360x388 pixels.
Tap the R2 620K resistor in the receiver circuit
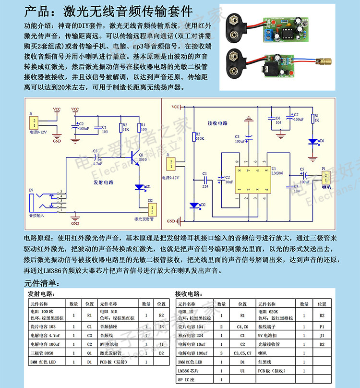[x=195, y=137]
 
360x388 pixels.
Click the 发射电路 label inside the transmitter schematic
[x=103, y=182]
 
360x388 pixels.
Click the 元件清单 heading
[x=43, y=282]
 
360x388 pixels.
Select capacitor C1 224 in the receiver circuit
[x=204, y=180]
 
